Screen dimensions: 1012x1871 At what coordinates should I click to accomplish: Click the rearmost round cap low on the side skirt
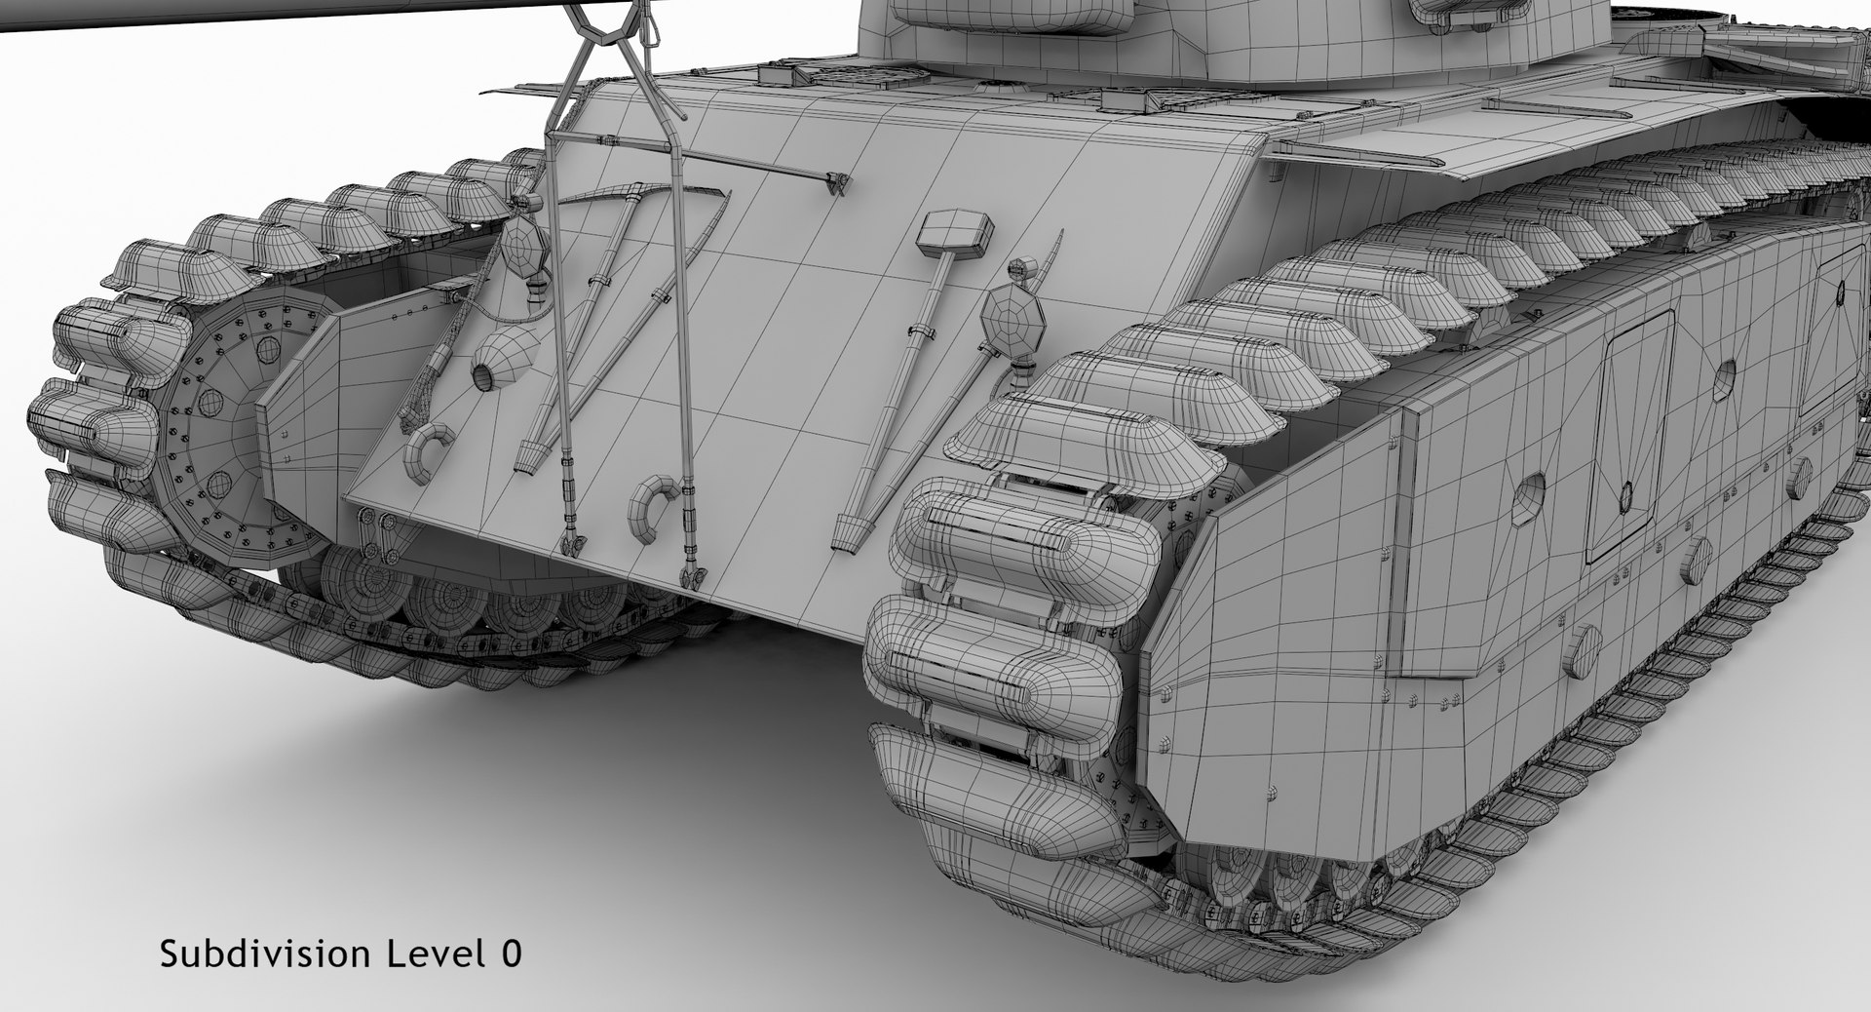click(x=1581, y=649)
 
